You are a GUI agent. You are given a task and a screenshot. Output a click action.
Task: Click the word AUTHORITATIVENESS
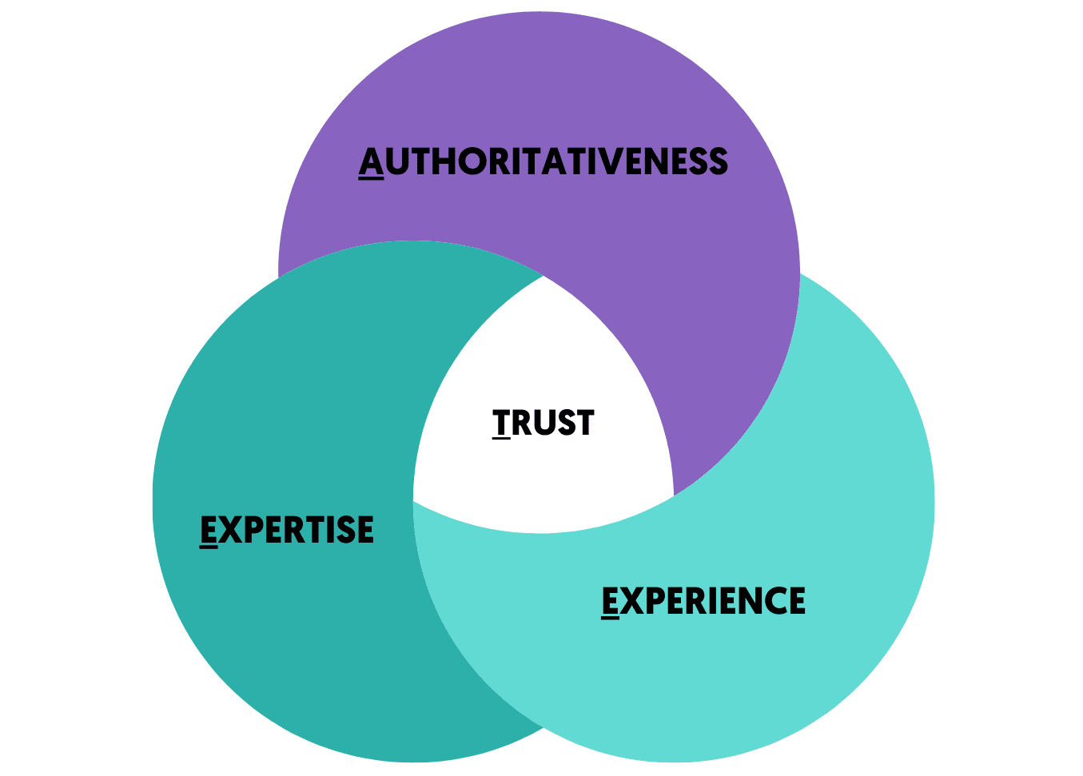point(543,162)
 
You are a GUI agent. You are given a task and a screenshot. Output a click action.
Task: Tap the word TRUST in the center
point(543,423)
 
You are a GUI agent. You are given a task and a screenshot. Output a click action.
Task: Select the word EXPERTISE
point(287,531)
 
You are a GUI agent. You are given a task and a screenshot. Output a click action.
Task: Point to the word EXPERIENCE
point(703,602)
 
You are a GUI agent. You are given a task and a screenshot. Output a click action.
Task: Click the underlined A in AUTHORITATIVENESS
point(371,162)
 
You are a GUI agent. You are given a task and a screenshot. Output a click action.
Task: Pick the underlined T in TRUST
point(501,423)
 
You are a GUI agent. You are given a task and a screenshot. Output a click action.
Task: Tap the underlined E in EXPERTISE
point(209,531)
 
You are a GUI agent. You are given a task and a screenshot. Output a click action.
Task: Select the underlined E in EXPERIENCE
point(610,602)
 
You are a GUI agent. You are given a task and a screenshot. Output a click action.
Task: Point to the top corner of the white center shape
point(544,276)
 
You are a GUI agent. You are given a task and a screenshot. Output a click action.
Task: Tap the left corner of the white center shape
point(413,502)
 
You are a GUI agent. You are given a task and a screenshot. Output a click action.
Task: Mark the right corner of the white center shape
point(674,495)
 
